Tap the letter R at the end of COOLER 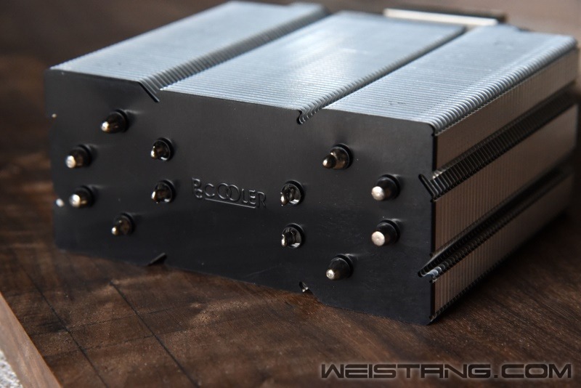point(261,199)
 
